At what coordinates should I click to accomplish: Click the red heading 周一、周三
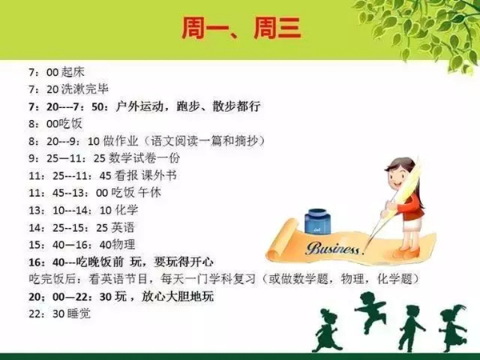point(241,28)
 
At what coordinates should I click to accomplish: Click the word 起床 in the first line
point(73,72)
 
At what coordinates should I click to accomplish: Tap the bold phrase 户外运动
point(139,106)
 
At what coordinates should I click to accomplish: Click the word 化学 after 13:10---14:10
point(126,210)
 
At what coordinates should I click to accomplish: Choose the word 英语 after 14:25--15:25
point(122,227)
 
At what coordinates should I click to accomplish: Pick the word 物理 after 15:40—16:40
point(123,245)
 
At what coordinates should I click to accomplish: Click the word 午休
point(150,193)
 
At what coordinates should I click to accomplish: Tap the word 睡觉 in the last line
point(79,314)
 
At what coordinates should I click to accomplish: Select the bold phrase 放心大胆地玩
point(178,297)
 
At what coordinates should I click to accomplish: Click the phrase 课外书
point(159,175)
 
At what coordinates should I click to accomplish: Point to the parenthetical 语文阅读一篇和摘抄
point(204,141)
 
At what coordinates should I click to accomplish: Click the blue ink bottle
point(318,222)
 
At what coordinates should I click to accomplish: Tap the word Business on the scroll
point(333,249)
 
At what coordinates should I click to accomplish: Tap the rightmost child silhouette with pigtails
point(453,328)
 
